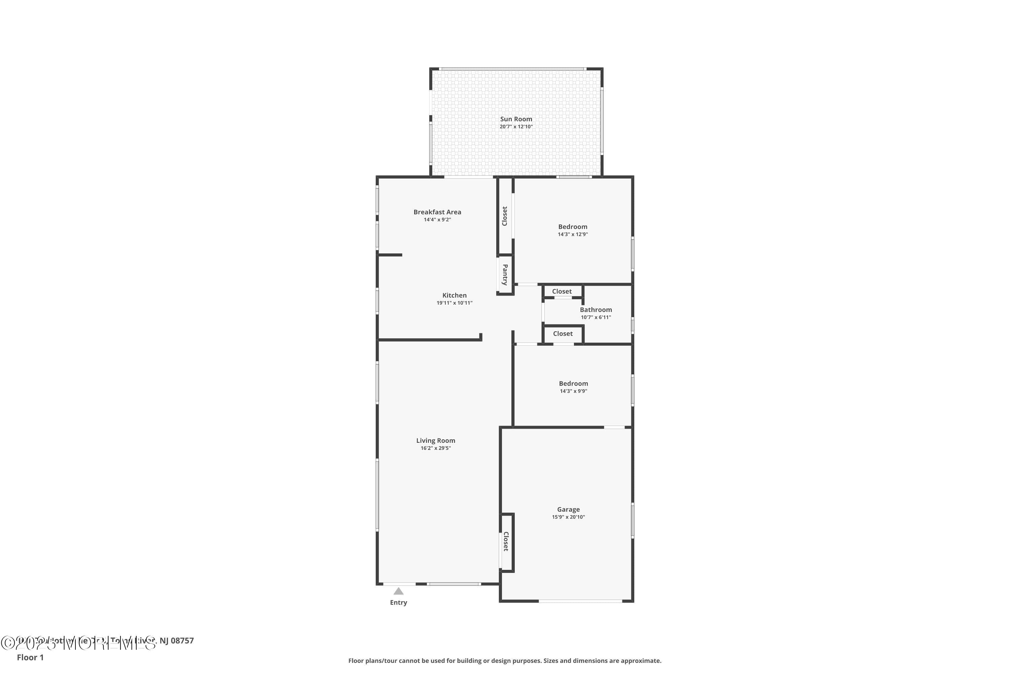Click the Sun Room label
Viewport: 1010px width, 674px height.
(x=516, y=119)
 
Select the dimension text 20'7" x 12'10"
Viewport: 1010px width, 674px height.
(x=516, y=127)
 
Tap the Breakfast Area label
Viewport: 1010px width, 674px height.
(x=437, y=212)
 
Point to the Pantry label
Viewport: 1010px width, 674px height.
(x=505, y=275)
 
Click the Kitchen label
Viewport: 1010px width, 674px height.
(x=454, y=295)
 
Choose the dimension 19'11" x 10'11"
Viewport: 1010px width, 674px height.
(x=454, y=303)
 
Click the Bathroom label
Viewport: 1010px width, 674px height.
(x=596, y=309)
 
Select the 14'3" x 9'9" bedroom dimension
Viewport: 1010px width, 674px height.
(x=573, y=391)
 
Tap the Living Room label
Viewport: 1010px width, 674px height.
(x=435, y=440)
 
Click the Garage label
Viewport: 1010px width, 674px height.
(x=568, y=509)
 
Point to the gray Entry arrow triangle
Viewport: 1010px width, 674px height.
(x=399, y=591)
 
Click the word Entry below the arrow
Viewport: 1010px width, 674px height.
(x=399, y=603)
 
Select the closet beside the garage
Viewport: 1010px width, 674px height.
(x=506, y=542)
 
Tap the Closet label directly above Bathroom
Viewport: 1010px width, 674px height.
(x=562, y=292)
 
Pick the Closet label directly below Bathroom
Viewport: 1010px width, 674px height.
(x=563, y=334)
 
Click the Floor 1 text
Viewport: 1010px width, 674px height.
(x=30, y=657)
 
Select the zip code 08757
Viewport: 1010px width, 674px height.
(x=182, y=641)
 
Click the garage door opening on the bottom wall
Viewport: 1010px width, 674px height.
(x=580, y=601)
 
